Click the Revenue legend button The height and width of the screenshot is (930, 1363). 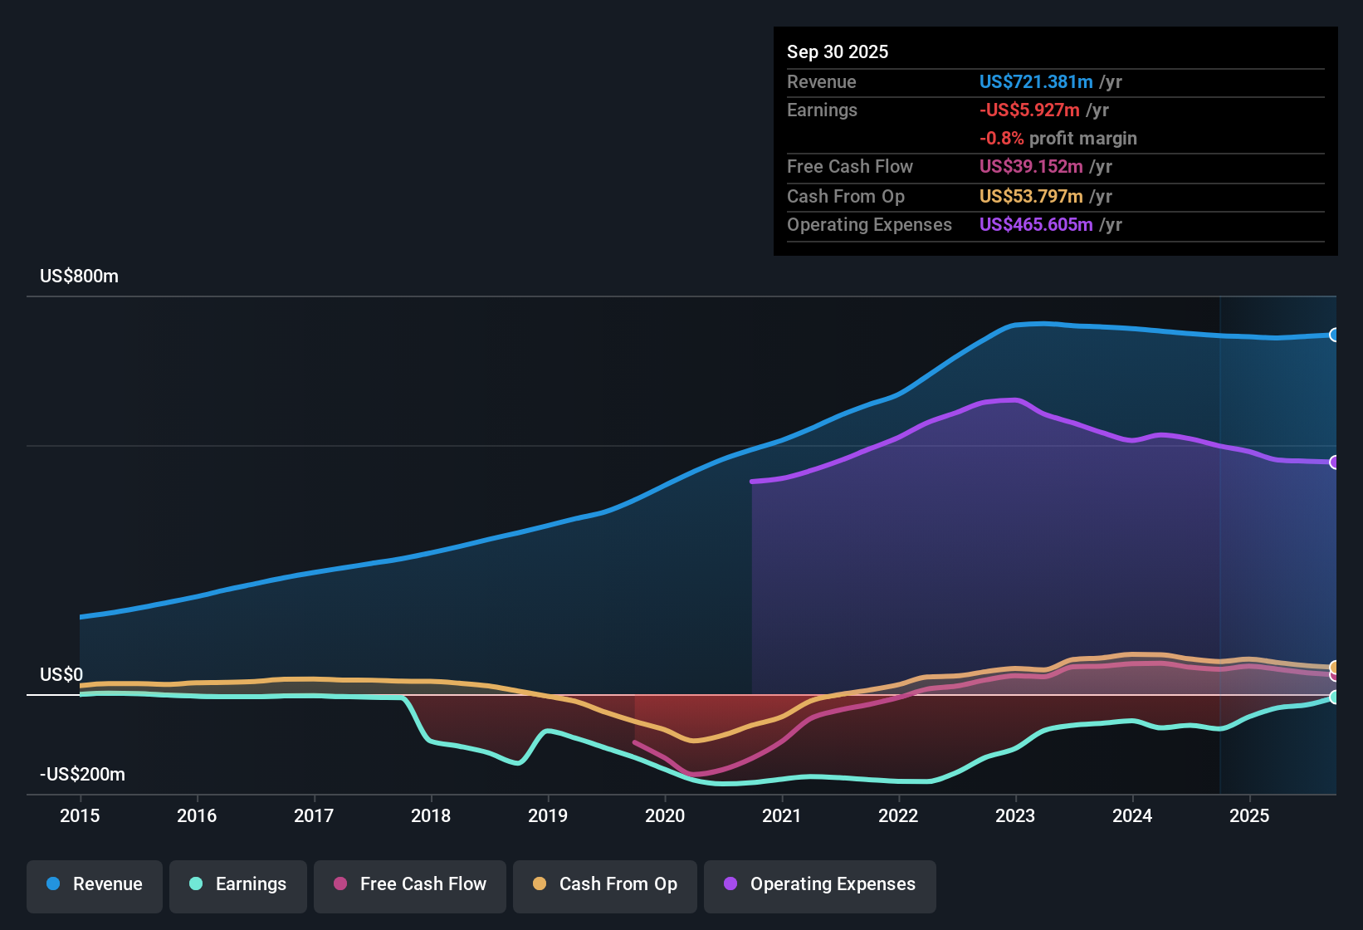click(95, 884)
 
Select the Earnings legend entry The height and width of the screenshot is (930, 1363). click(238, 884)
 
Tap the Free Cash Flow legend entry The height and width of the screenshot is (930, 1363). click(410, 884)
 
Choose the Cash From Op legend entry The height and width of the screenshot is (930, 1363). click(605, 884)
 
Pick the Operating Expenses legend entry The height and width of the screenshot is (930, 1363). click(820, 884)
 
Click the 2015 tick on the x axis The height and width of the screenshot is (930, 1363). click(80, 815)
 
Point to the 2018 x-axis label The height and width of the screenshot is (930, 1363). click(431, 815)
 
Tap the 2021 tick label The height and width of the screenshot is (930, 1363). click(782, 815)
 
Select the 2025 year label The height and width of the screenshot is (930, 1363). click(1249, 815)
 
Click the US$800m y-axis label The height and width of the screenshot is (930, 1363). click(79, 277)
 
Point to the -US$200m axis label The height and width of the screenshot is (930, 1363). click(82, 775)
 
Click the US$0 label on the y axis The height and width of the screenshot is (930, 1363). click(61, 674)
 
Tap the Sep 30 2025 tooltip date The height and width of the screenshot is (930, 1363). click(838, 52)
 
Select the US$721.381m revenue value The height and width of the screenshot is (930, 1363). click(1036, 82)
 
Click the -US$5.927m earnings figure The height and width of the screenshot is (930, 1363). click(1029, 110)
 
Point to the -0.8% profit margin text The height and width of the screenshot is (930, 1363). click(1058, 139)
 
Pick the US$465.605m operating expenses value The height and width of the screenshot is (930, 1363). click(1036, 225)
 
